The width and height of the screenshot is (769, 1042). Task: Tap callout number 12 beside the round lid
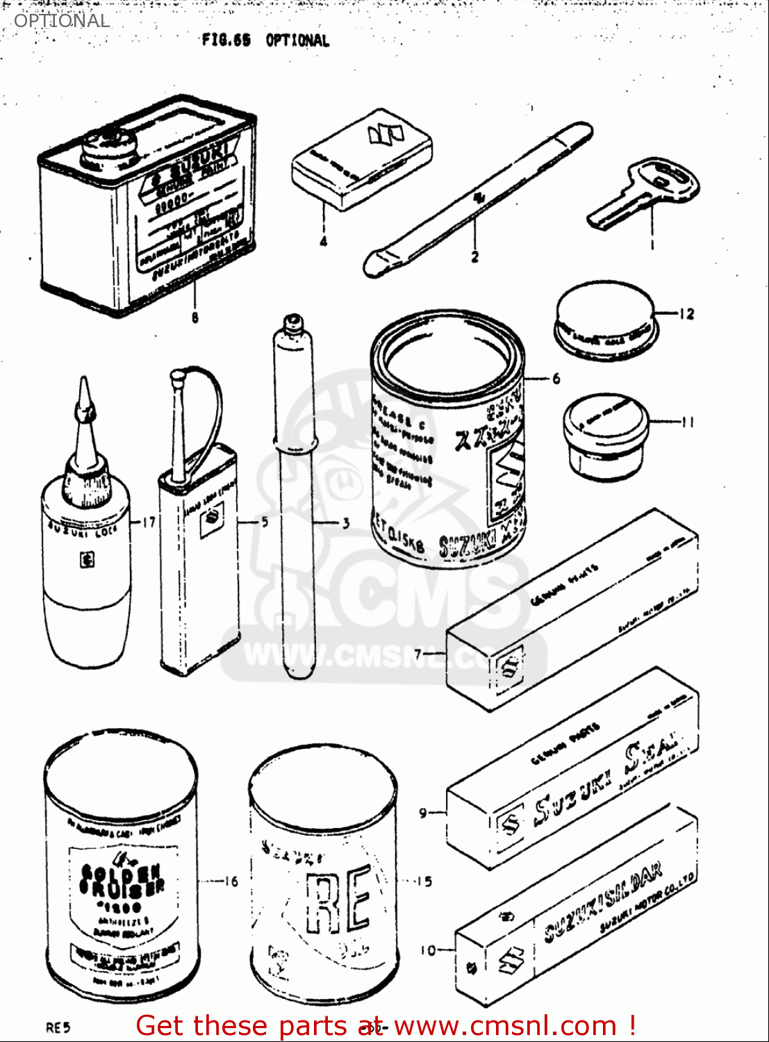pyautogui.click(x=686, y=314)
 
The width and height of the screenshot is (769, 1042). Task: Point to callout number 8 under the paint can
pyautogui.click(x=195, y=317)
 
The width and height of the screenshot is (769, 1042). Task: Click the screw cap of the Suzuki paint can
pyautogui.click(x=108, y=144)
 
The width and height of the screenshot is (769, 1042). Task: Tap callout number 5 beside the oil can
pyautogui.click(x=265, y=521)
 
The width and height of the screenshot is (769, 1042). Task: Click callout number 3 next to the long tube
pyautogui.click(x=345, y=522)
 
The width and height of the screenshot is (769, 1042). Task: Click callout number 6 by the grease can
pyautogui.click(x=556, y=379)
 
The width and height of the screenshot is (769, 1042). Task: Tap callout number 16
pyautogui.click(x=230, y=881)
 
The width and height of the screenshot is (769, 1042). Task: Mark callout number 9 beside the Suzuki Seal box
pyautogui.click(x=423, y=811)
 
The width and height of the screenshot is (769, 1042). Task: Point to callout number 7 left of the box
pyautogui.click(x=418, y=654)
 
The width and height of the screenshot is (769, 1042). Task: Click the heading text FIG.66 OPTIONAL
pyautogui.click(x=265, y=40)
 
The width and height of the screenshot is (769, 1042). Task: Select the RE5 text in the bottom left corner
pyautogui.click(x=58, y=1027)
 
